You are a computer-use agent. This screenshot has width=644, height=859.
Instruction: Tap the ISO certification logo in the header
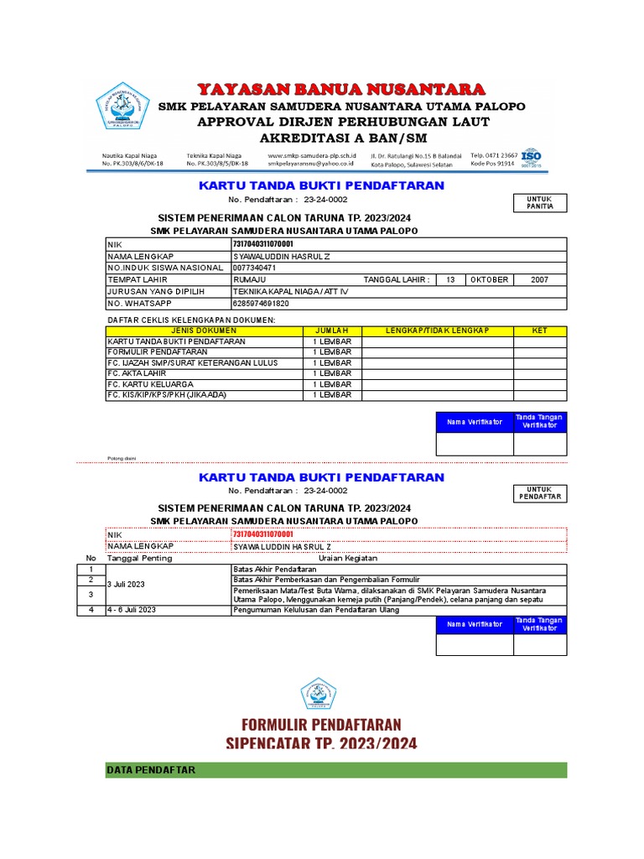(x=532, y=159)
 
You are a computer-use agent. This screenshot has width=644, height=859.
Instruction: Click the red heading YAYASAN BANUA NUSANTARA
(x=340, y=89)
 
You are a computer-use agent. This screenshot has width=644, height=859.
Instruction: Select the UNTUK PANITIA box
(x=540, y=202)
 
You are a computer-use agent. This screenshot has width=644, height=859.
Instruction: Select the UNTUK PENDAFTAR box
(x=540, y=492)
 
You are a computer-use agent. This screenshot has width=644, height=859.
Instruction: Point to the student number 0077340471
(x=254, y=268)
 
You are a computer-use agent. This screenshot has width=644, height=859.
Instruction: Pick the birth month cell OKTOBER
(x=488, y=279)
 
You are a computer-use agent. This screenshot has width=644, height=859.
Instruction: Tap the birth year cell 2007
(x=540, y=279)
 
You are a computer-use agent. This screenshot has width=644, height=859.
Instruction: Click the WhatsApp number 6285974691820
(x=261, y=303)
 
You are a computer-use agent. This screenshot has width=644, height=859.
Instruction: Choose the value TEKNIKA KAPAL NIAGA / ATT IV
(x=289, y=291)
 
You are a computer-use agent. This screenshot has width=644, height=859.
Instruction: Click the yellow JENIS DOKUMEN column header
(x=204, y=331)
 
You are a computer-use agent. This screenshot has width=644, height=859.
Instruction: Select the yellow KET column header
(x=540, y=331)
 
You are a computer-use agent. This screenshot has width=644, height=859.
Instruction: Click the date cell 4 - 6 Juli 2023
(x=132, y=610)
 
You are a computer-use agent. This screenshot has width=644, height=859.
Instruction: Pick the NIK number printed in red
(x=262, y=534)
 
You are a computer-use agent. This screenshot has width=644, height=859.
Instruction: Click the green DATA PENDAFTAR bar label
(x=151, y=770)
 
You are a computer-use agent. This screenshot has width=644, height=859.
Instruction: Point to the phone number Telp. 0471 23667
(x=494, y=155)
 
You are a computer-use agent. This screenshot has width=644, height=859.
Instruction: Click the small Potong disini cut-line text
(x=122, y=458)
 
